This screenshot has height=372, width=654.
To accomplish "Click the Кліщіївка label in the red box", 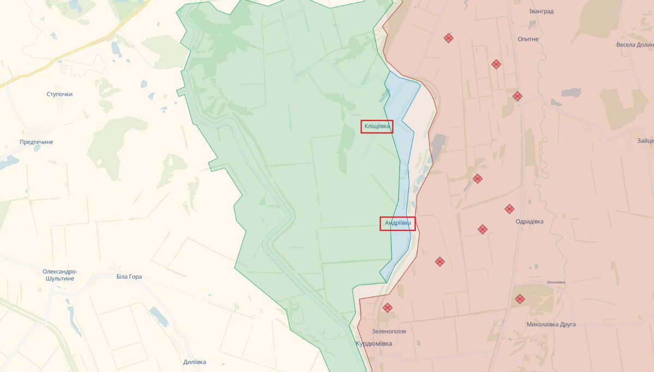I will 377,126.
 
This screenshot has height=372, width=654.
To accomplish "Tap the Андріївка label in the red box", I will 397,223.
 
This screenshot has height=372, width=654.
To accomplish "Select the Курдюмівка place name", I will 373,344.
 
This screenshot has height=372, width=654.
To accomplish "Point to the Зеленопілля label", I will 389,331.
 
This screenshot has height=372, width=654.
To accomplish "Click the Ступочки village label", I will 59,94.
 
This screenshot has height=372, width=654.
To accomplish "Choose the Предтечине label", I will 37,142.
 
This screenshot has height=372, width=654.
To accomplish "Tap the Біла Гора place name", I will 129,277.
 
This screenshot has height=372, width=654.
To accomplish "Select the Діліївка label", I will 195,362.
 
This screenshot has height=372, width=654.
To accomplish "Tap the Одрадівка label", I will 529,222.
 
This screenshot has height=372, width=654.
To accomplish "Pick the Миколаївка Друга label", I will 551,325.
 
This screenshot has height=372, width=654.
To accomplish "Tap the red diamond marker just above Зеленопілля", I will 387,308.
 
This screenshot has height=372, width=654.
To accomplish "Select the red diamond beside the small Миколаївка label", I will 520,298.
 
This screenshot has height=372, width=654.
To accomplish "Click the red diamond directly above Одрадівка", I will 510,209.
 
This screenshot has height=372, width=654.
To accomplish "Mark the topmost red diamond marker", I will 448,38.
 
